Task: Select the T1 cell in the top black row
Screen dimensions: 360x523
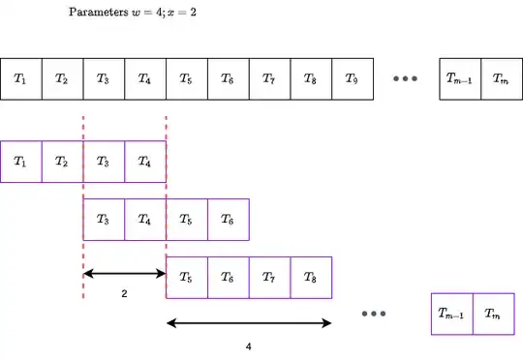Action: (20, 78)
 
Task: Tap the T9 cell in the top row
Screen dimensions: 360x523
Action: (353, 78)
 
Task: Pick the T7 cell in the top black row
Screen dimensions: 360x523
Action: (269, 78)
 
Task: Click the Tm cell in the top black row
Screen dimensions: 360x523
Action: (501, 78)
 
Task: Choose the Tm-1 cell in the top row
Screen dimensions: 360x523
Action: (459, 78)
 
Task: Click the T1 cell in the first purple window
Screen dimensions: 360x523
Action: (20, 162)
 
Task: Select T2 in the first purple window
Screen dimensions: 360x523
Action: (62, 162)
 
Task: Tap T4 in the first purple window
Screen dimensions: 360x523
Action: (145, 162)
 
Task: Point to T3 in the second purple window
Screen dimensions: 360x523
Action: (104, 220)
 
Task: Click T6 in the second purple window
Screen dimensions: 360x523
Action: (229, 220)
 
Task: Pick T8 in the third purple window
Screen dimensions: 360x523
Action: (311, 277)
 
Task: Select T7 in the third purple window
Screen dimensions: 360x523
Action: (269, 277)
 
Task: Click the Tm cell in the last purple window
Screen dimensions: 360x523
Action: (493, 314)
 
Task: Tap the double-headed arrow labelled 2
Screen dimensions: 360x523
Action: (125, 273)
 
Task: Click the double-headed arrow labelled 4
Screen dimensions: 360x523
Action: (249, 322)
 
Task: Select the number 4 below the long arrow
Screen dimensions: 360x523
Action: (249, 345)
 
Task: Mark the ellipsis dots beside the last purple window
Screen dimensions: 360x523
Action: (374, 314)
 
